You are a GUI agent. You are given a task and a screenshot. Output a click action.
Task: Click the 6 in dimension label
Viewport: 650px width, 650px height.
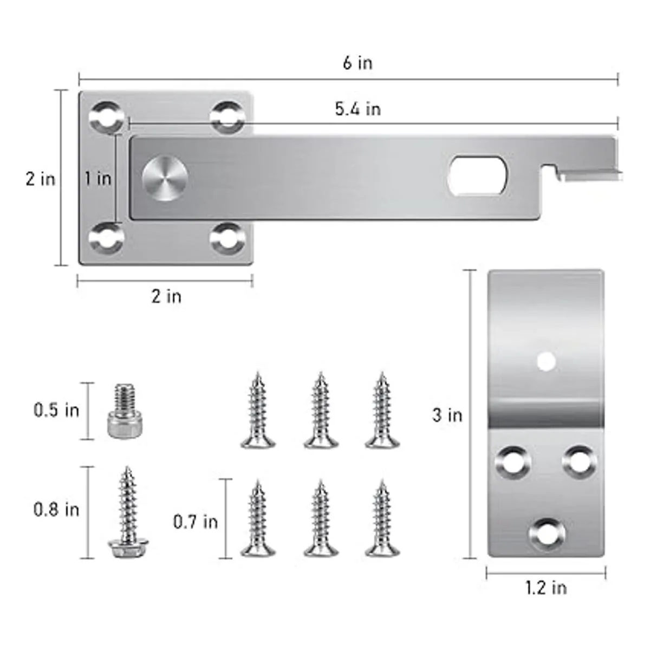click(357, 63)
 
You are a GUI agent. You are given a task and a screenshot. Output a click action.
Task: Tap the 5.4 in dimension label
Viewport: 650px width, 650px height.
click(358, 109)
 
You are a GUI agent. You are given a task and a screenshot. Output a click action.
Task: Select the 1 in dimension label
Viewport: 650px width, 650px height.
click(98, 178)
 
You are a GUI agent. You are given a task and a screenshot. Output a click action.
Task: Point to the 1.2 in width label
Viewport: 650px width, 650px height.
click(546, 588)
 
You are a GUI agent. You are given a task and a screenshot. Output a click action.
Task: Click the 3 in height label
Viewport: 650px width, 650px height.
click(447, 415)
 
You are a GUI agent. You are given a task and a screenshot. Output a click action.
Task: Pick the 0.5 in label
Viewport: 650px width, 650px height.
click(56, 411)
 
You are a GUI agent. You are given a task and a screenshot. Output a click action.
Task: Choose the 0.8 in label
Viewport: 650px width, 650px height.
click(56, 510)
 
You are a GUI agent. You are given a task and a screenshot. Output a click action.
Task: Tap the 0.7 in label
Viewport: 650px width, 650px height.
click(196, 522)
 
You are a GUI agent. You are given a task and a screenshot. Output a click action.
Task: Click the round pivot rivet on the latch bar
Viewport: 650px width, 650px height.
click(165, 178)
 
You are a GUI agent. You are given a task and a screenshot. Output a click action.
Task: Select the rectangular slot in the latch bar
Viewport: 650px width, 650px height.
click(478, 175)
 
